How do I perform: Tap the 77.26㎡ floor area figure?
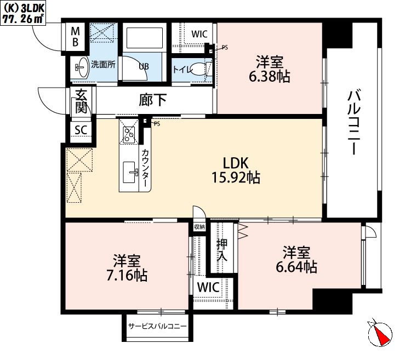(x=23, y=18)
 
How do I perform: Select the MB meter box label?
(x=76, y=35)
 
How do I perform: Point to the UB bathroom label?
(x=143, y=66)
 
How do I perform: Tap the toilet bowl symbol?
(x=201, y=70)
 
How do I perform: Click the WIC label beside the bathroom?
(x=199, y=34)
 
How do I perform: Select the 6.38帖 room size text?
(x=269, y=76)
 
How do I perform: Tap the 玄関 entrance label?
(x=81, y=101)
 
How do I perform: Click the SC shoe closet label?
(x=81, y=130)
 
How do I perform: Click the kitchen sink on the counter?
(x=132, y=174)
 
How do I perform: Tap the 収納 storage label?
(x=199, y=227)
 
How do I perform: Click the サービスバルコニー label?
(x=157, y=327)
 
